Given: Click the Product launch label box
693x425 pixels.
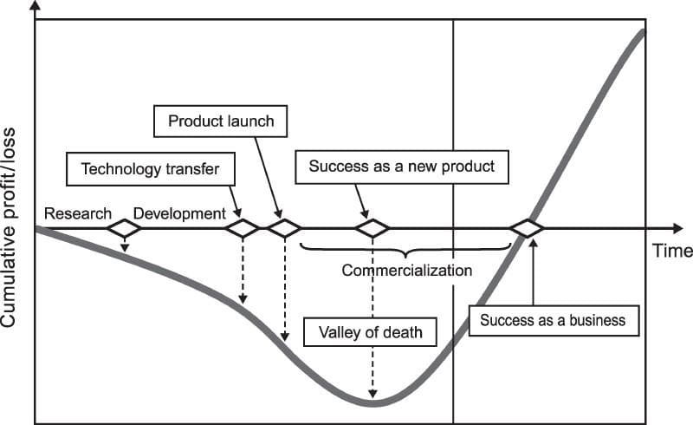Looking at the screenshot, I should [x=220, y=121].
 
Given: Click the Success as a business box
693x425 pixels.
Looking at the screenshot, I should [x=553, y=319].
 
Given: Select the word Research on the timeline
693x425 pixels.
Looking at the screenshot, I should [x=78, y=213].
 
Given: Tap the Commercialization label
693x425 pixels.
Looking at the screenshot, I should [x=406, y=270].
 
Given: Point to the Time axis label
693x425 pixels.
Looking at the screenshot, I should [x=672, y=251].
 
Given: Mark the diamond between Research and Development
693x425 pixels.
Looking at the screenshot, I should [x=124, y=229].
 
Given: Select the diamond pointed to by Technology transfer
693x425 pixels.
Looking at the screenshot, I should [x=242, y=229].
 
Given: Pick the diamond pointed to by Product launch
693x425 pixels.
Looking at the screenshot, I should [x=282, y=229].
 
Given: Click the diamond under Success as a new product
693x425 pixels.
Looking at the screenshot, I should [x=372, y=229].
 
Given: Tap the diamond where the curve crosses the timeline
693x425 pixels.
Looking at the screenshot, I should [x=526, y=229].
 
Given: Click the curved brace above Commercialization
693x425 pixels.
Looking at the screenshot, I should [x=405, y=251].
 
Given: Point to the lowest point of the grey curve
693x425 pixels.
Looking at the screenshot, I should [x=372, y=403].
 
